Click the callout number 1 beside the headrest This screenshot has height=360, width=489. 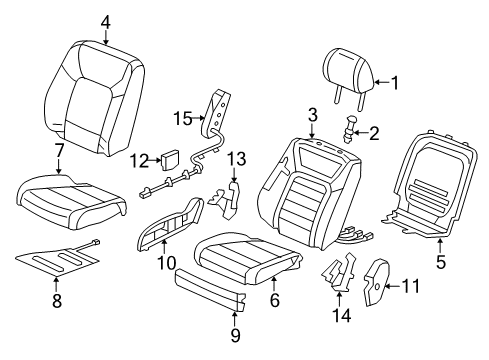pyautogui.click(x=395, y=83)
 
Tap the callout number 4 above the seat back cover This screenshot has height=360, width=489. pyautogui.click(x=106, y=22)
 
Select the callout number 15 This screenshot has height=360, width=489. pyautogui.click(x=183, y=118)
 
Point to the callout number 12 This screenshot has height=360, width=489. pyautogui.click(x=139, y=161)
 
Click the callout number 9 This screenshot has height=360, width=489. pyautogui.click(x=235, y=334)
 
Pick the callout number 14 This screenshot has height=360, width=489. pyautogui.click(x=342, y=315)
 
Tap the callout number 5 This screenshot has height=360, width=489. pyautogui.click(x=441, y=261)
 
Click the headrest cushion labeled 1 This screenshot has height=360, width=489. pyautogui.click(x=348, y=72)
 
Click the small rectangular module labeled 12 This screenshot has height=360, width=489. pyautogui.click(x=171, y=159)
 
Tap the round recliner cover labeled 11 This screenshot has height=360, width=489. pyautogui.click(x=377, y=282)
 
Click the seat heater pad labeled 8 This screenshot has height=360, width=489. pyautogui.click(x=58, y=259)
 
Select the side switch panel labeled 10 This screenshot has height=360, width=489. pyautogui.click(x=170, y=223)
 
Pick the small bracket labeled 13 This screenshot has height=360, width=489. pyautogui.click(x=226, y=198)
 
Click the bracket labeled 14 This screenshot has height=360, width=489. pyautogui.click(x=339, y=272)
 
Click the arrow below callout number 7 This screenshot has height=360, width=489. pyautogui.click(x=59, y=166)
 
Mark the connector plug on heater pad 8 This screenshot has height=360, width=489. pyautogui.click(x=96, y=242)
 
